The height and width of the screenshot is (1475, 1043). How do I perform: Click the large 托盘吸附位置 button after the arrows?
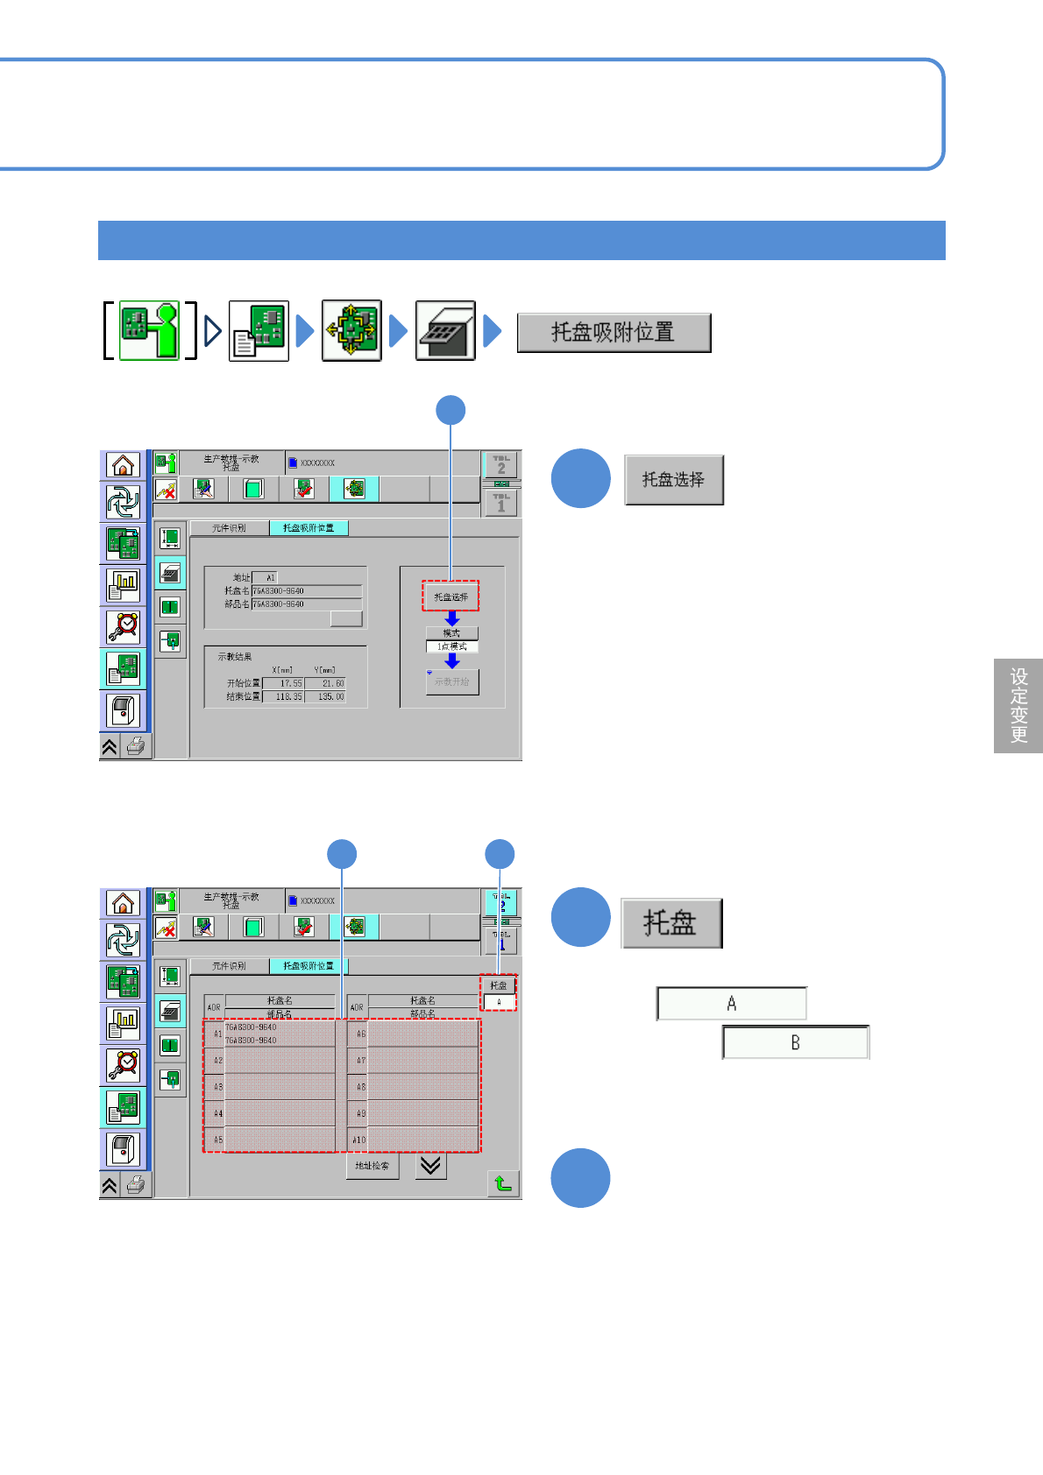click(614, 333)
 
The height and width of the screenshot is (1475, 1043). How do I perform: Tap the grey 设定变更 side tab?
click(1018, 705)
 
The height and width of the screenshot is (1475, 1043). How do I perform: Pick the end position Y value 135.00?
click(326, 697)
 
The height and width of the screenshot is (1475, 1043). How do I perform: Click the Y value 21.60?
click(326, 683)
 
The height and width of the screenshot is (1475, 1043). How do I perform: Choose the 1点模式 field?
click(452, 646)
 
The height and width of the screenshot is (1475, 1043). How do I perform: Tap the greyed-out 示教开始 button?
click(452, 681)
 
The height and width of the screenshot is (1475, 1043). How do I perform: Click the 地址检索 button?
click(372, 1166)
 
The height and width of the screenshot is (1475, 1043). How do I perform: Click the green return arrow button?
click(503, 1184)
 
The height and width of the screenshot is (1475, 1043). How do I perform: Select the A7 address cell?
click(358, 1061)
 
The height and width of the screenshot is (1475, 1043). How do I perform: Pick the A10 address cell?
click(358, 1140)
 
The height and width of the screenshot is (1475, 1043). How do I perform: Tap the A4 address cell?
click(216, 1113)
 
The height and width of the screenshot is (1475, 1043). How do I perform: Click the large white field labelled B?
click(796, 1042)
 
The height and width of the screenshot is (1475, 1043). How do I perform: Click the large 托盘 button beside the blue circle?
click(671, 923)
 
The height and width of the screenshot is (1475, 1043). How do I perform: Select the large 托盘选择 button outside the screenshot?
click(674, 480)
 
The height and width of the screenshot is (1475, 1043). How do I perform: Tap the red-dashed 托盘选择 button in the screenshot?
click(451, 596)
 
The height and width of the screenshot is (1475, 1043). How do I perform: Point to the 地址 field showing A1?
click(265, 577)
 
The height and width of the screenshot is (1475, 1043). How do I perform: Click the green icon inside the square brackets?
click(149, 330)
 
